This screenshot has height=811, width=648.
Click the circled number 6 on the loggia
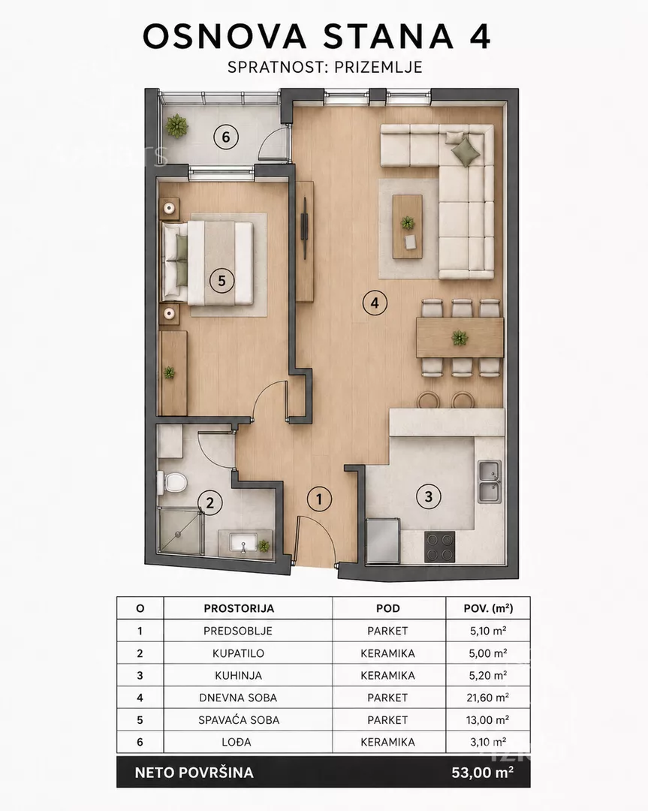pos(225,137)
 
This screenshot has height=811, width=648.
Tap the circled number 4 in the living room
pos(375,303)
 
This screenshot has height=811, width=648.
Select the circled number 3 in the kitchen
pos(429,497)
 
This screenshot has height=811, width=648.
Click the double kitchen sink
pos(490,482)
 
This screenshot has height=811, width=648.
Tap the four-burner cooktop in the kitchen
pos(439,547)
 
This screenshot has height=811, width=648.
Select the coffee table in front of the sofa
pos(408,226)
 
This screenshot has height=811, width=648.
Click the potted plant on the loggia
pos(177,126)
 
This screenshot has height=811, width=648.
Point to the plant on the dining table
pos(460,338)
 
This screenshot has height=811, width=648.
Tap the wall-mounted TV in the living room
pos(305,227)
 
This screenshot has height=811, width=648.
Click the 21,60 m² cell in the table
pos(487,698)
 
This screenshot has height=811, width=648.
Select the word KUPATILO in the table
pos(239,653)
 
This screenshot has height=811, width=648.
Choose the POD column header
pos(388,608)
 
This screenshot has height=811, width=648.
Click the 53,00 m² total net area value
pos(483,773)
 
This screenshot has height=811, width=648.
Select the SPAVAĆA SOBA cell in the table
pos(239,719)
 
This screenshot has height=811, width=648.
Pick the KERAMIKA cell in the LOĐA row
pos(388,742)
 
